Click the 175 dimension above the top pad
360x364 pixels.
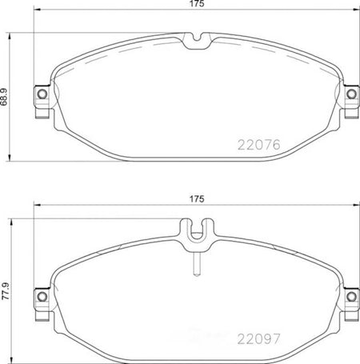tap(197, 4)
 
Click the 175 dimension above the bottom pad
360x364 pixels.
tap(197, 199)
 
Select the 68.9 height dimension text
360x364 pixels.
tap(4, 97)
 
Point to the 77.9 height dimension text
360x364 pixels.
tap(6, 291)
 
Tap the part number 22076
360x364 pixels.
tap(258, 145)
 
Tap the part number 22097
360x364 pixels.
tap(258, 339)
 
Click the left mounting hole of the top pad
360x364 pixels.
tap(42, 94)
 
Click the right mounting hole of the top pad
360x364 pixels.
tap(351, 94)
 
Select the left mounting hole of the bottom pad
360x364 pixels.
tap(42, 296)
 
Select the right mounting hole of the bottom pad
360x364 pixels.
tap(351, 296)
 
